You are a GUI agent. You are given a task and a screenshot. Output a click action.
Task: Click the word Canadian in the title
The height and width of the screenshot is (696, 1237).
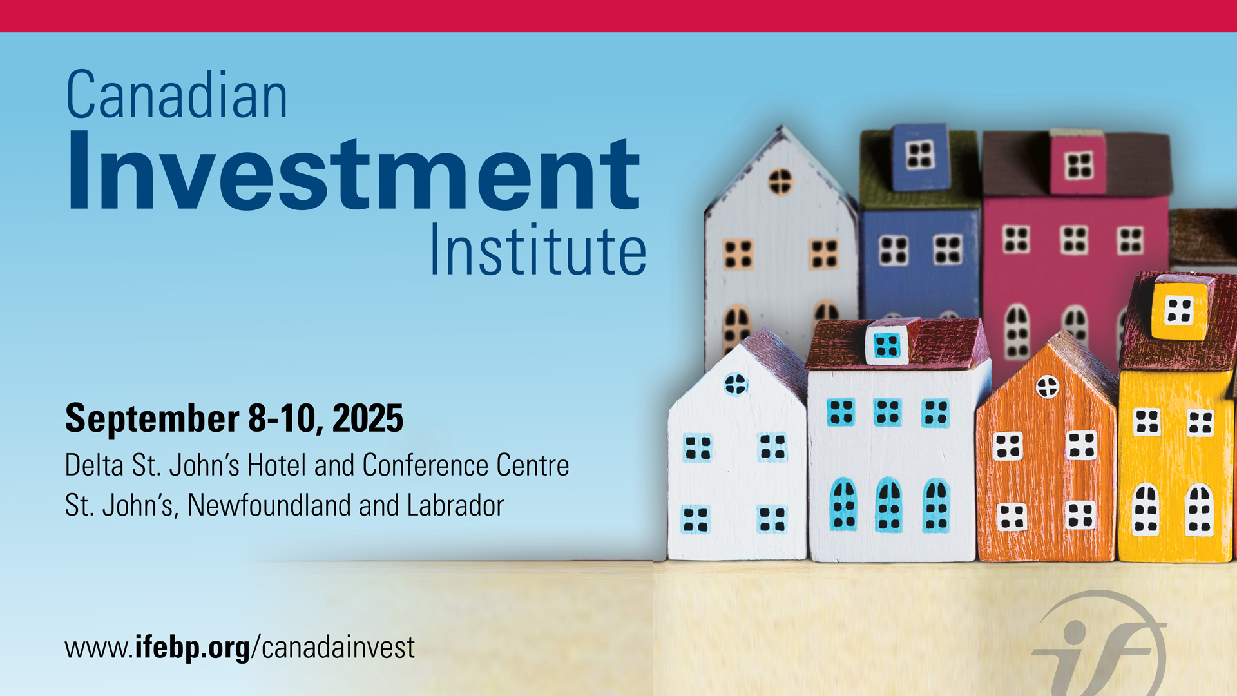coord(177,95)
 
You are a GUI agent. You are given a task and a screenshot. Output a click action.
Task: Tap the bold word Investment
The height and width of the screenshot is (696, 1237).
coord(354,171)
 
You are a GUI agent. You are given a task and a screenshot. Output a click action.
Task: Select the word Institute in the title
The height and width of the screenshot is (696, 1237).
coord(538,249)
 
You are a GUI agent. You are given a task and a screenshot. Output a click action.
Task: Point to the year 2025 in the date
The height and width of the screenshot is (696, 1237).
coord(368,418)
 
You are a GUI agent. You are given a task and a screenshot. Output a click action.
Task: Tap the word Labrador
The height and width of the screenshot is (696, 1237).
coord(455,505)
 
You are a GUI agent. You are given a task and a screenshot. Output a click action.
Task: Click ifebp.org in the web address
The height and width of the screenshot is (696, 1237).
coord(192,648)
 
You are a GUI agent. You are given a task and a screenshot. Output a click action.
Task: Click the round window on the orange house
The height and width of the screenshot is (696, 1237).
coord(1048,387)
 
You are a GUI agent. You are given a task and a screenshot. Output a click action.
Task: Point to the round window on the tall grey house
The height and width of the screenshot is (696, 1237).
coord(780,181)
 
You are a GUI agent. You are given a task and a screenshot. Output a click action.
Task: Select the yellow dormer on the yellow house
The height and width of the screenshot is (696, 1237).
coord(1180,307)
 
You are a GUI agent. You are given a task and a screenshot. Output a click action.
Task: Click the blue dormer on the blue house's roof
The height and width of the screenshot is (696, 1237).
coord(919,157)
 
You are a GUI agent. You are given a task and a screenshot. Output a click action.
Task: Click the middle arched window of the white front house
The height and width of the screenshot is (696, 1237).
coord(889,505)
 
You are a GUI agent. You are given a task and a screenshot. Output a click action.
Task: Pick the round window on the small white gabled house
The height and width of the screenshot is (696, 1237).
coord(735,384)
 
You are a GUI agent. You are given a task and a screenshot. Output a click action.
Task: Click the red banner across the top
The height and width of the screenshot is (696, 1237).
coord(618,16)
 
